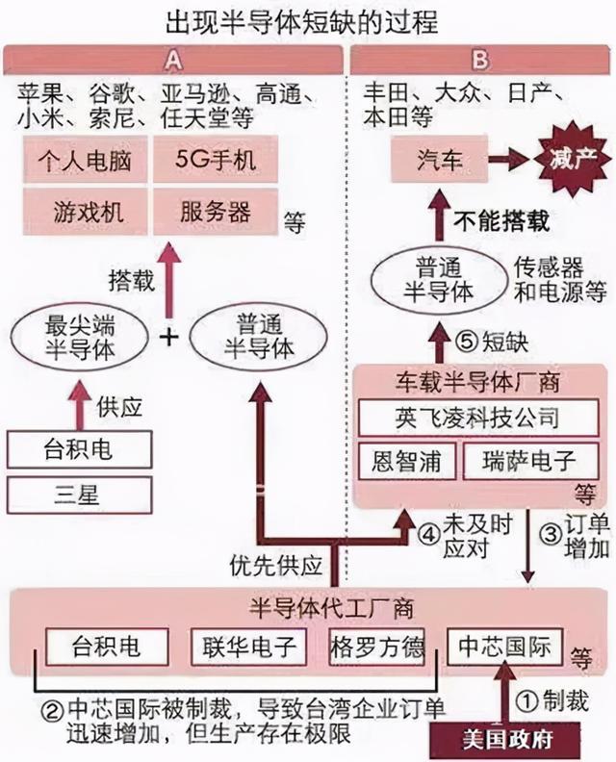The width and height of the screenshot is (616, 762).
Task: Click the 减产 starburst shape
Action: click(x=573, y=159)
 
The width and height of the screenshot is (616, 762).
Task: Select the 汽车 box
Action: click(x=440, y=160)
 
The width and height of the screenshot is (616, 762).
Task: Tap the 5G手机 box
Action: click(x=216, y=160)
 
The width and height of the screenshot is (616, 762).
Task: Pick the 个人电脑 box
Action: click(x=86, y=160)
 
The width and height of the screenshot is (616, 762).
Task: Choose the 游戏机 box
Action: click(x=86, y=212)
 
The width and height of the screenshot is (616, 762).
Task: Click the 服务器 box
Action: click(x=216, y=212)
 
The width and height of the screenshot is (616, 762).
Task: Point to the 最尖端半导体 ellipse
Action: click(x=80, y=337)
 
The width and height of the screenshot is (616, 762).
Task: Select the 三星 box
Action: click(x=79, y=495)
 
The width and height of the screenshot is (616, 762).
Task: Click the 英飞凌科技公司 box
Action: click(x=478, y=418)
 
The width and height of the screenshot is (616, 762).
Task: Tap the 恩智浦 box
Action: click(x=407, y=461)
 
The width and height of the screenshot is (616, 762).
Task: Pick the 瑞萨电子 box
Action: click(x=531, y=461)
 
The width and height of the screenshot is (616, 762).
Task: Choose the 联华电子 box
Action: click(x=249, y=647)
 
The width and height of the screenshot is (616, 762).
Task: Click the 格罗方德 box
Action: click(x=377, y=647)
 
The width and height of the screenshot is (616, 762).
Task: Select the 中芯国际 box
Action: click(x=504, y=647)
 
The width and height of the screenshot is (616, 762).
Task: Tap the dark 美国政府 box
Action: click(x=505, y=741)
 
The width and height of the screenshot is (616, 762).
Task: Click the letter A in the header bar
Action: click(x=173, y=61)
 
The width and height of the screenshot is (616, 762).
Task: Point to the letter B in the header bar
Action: click(x=479, y=61)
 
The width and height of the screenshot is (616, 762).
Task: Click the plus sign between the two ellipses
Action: click(x=168, y=337)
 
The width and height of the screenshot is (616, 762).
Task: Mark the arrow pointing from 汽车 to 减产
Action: click(x=509, y=160)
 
